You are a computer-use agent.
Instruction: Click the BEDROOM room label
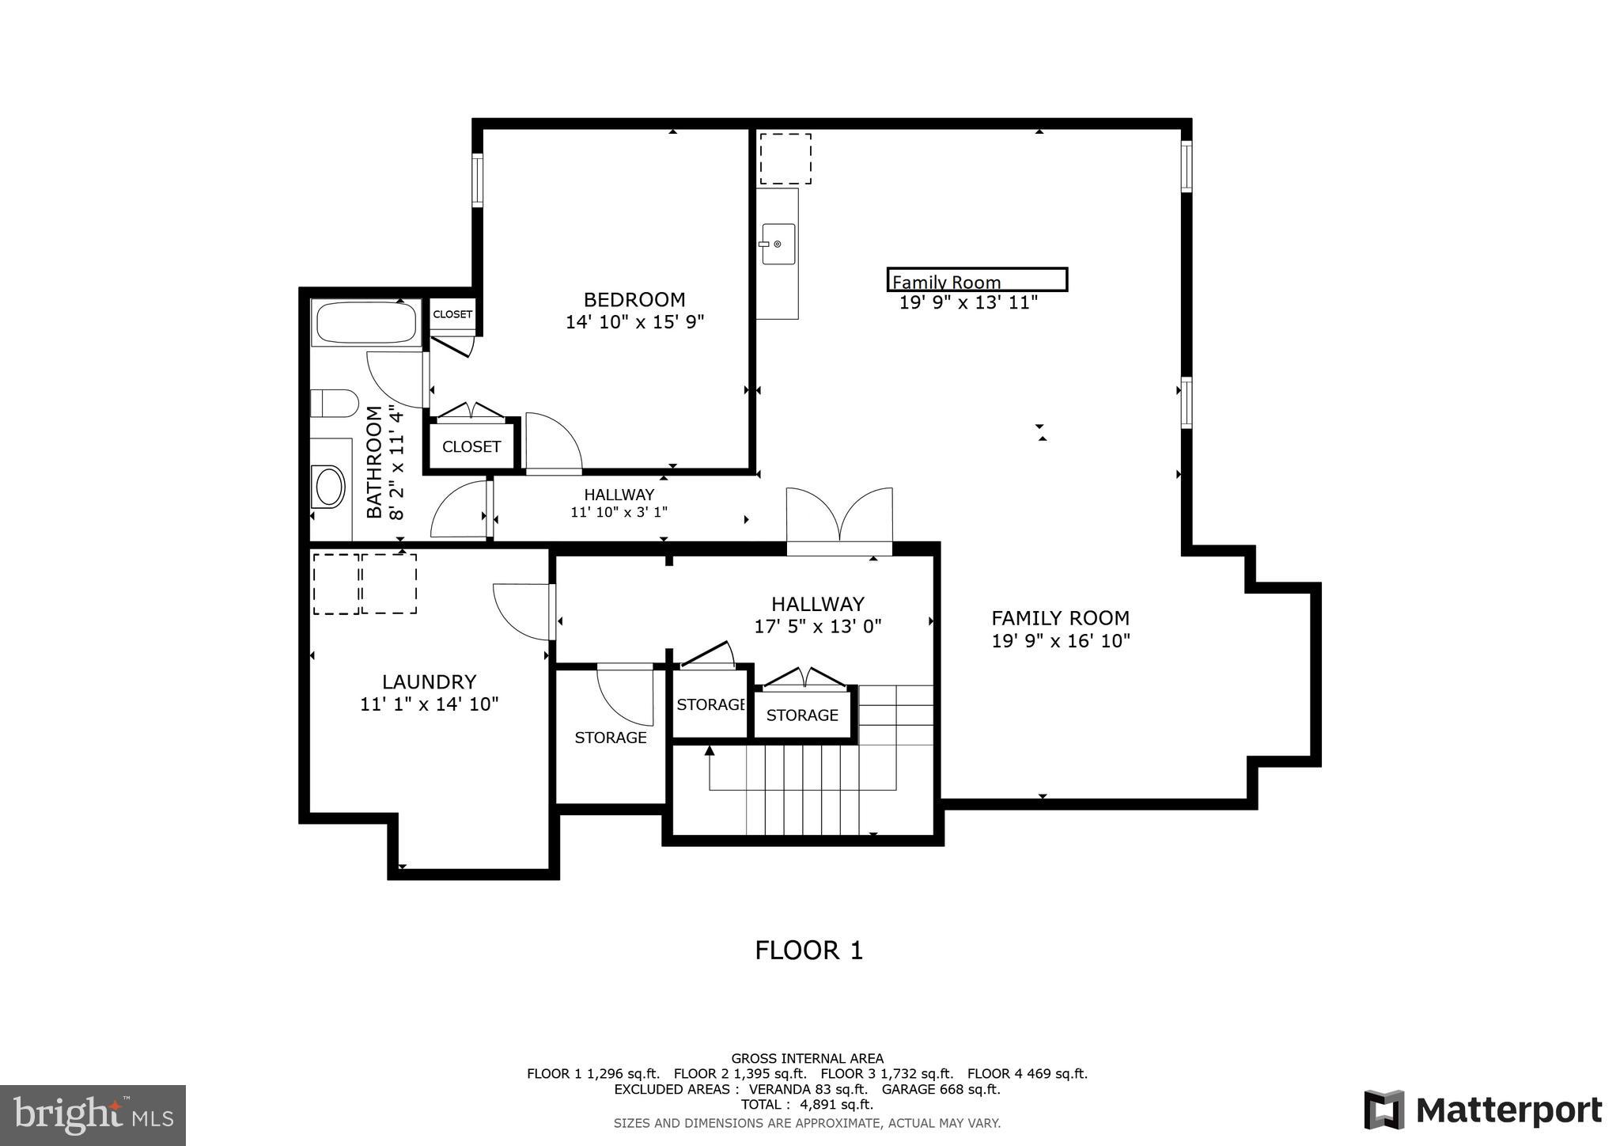coord(634,300)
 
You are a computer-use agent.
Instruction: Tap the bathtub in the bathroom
coord(365,323)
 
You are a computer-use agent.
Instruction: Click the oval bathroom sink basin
coord(329,487)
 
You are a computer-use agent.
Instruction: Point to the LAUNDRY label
coord(429,681)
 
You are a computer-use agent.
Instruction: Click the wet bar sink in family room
coord(778,244)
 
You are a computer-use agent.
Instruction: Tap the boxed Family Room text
coord(976,280)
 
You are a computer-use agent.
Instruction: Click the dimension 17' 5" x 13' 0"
coord(818,627)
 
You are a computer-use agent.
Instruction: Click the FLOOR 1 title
coord(808,950)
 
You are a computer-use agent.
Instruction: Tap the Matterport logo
coord(1482,1110)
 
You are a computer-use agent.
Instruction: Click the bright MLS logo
coord(93,1115)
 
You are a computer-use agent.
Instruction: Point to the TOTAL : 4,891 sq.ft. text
coord(807,1104)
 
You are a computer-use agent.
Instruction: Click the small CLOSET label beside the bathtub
coord(452,314)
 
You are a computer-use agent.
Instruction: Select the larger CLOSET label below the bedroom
coord(471,446)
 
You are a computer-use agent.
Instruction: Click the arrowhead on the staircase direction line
coord(710,749)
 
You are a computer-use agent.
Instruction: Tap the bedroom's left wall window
coord(477,180)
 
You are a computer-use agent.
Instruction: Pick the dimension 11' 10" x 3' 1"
coord(619,512)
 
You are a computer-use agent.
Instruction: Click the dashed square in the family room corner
coord(785,158)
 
